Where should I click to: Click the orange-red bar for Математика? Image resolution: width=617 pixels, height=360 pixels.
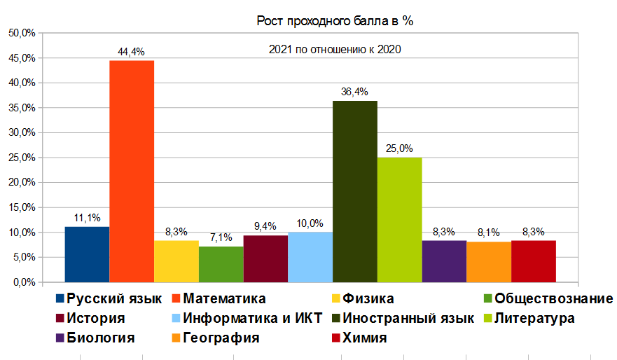click(x=131, y=171)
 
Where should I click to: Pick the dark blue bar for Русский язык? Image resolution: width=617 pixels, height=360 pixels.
click(x=86, y=254)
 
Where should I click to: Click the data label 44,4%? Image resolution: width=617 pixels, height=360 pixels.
click(x=131, y=52)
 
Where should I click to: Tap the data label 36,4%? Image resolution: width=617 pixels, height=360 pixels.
click(x=354, y=92)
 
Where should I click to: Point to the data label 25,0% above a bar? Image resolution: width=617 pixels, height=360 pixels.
click(x=399, y=148)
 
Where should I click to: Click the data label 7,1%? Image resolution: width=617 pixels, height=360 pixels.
click(x=221, y=237)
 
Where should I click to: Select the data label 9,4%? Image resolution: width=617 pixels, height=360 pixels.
click(x=265, y=226)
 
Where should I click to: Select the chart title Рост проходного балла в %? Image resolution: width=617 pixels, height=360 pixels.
click(x=335, y=22)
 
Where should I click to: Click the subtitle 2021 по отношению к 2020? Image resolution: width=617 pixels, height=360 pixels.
click(x=335, y=50)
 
